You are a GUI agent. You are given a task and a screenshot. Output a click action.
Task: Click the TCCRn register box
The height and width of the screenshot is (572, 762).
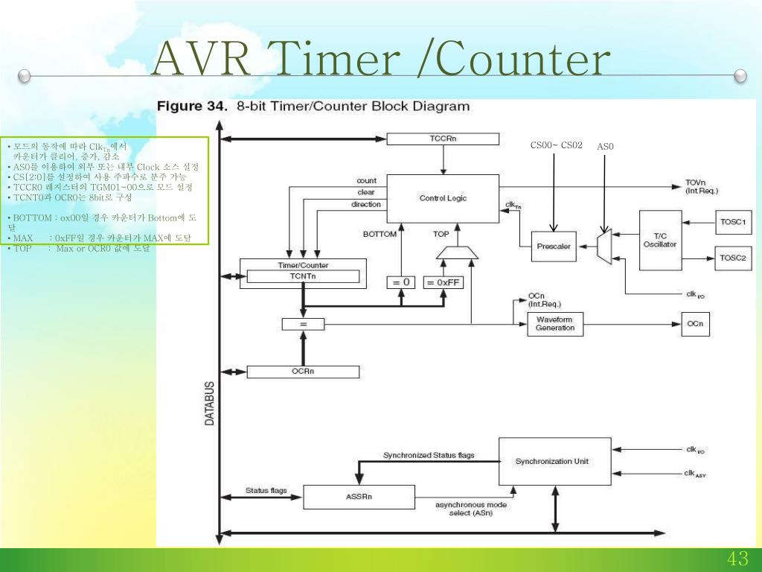[443, 139]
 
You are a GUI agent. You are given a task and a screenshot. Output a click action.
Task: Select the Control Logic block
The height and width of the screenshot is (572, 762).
[443, 198]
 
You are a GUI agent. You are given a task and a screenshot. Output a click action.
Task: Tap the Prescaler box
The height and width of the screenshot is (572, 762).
[552, 247]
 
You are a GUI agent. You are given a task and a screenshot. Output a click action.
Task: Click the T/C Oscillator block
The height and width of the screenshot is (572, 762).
[660, 240]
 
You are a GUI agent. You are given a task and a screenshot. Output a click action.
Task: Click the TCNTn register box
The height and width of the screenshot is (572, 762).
[303, 276]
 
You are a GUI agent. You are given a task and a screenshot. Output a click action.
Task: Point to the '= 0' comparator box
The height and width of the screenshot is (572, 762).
[401, 282]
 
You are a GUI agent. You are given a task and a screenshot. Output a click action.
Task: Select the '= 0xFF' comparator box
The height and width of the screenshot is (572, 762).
[443, 282]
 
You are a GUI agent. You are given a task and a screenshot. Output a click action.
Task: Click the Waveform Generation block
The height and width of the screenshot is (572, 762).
[555, 324]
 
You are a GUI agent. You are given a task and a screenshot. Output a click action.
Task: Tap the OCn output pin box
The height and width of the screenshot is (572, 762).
[700, 324]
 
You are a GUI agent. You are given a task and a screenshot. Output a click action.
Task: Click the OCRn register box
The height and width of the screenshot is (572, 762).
[303, 372]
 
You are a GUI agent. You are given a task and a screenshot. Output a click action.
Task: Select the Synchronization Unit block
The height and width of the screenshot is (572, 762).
[552, 461]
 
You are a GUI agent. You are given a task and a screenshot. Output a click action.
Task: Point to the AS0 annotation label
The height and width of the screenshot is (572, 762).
[605, 146]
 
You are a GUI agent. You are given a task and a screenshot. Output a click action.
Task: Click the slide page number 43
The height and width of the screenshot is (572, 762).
[737, 559]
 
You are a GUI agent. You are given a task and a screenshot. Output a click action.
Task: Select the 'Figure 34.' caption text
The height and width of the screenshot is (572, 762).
[191, 107]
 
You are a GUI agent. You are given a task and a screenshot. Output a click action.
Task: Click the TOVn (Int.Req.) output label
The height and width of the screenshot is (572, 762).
[702, 187]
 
